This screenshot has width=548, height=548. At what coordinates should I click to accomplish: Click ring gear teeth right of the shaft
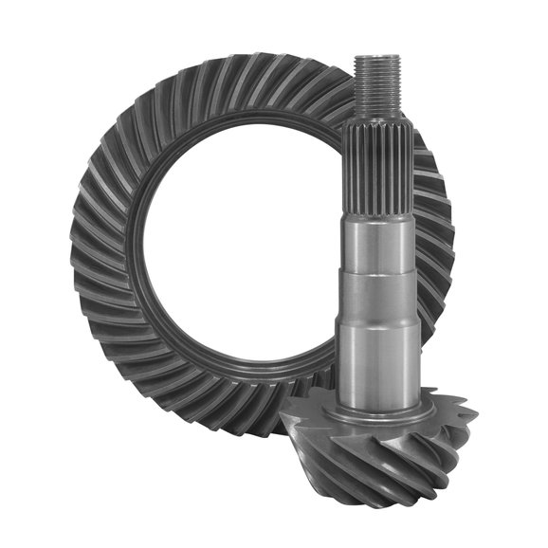coord(436,237)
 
